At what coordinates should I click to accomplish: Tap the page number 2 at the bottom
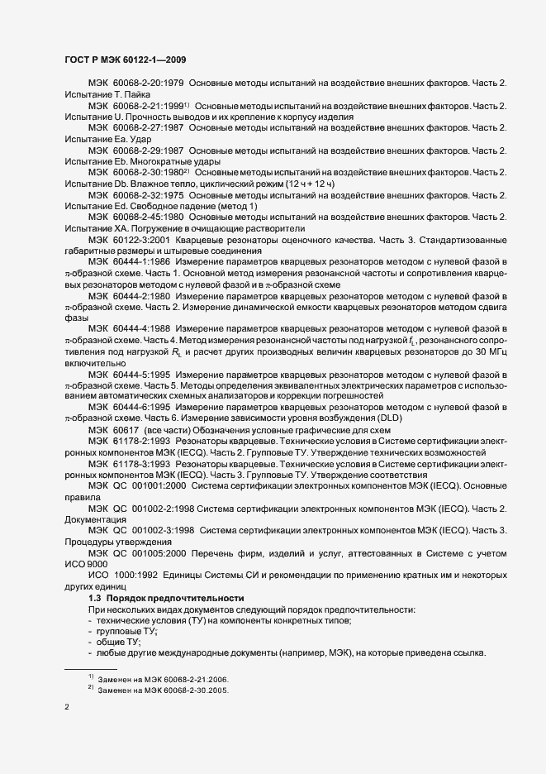click(x=67, y=707)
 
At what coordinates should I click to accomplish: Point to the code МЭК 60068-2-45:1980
click(x=135, y=217)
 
